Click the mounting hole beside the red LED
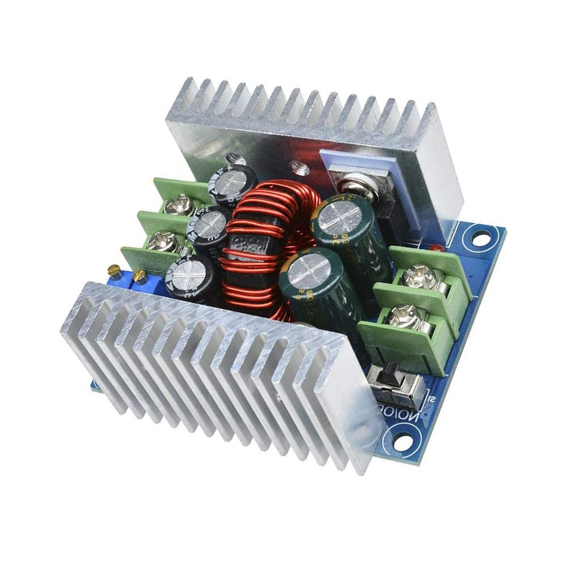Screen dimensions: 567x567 coord(480,239)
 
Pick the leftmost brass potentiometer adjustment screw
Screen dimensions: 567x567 coord(115,270)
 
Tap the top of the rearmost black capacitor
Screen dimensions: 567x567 coord(233,181)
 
